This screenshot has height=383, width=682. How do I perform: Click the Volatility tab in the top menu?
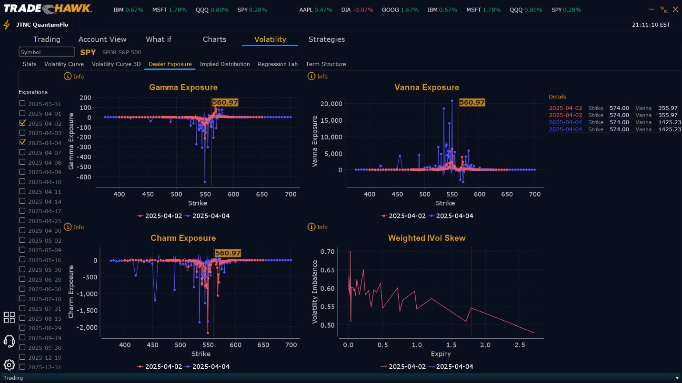270,39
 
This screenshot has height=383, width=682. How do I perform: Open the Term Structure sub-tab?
326,64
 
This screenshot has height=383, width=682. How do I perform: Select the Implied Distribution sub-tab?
225,64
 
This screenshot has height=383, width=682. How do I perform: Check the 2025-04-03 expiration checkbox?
22,133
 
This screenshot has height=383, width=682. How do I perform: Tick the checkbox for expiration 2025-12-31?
22,367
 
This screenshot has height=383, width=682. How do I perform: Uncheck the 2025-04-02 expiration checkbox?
22,123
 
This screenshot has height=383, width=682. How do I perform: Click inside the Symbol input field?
47,52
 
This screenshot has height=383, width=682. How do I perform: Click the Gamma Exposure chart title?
183,88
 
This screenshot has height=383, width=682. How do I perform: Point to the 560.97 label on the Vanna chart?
472,102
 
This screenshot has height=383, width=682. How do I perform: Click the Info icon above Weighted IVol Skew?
311,227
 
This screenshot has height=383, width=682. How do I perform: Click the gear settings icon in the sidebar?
9,365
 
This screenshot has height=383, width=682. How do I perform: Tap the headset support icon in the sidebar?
9,341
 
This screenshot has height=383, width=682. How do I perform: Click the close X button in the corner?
675,9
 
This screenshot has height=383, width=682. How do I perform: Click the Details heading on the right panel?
557,97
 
